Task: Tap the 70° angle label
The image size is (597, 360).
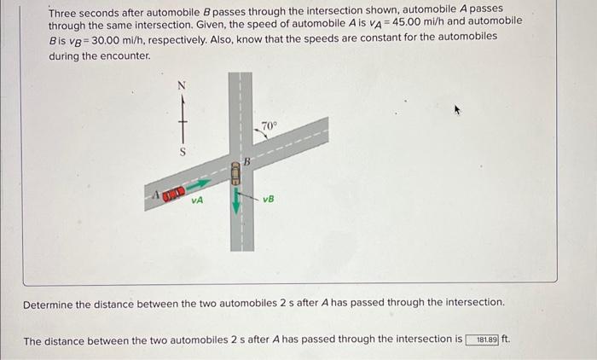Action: click(x=269, y=126)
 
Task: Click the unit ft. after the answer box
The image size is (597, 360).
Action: click(x=507, y=340)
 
